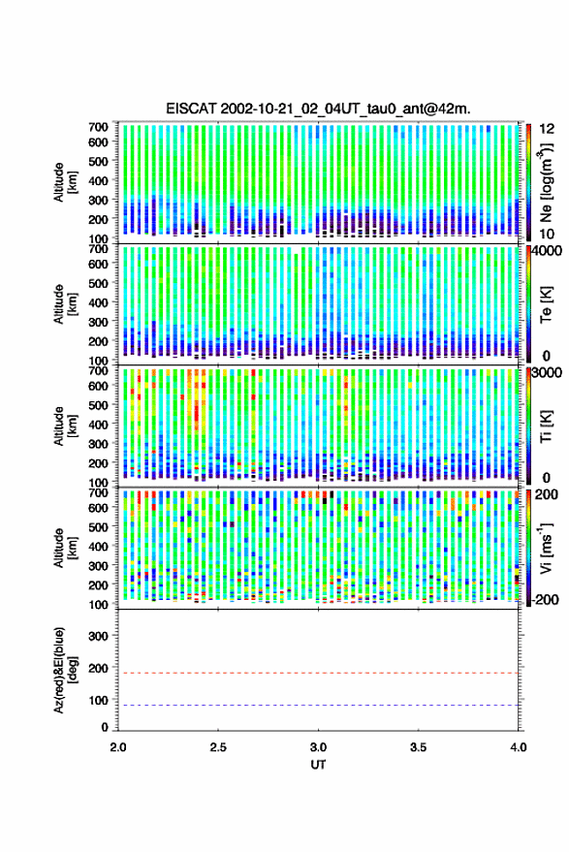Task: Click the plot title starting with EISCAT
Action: click(x=319, y=109)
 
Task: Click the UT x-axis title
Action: click(x=319, y=765)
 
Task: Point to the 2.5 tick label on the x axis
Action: click(x=218, y=747)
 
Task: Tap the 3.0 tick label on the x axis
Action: click(x=319, y=747)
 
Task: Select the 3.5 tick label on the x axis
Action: click(x=419, y=747)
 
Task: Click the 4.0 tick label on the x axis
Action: click(x=519, y=747)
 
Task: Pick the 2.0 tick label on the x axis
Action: click(x=118, y=747)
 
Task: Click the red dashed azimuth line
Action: click(x=319, y=673)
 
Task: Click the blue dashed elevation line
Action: click(x=319, y=705)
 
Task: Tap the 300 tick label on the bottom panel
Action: click(x=98, y=636)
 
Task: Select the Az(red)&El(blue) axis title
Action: click(x=65, y=670)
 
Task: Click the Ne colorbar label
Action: click(x=547, y=182)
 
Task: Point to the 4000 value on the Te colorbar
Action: click(x=547, y=250)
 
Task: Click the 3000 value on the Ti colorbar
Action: click(x=547, y=372)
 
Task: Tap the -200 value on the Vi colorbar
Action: click(x=545, y=599)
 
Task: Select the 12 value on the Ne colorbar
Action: click(x=548, y=129)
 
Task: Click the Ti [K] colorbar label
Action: click(x=546, y=426)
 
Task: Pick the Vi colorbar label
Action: click(x=546, y=548)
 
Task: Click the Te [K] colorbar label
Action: click(x=546, y=304)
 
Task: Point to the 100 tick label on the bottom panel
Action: click(x=98, y=700)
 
